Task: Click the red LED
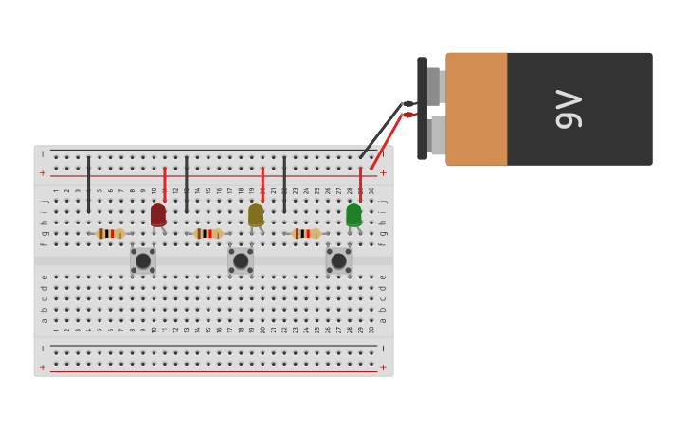click(x=158, y=215)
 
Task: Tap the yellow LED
click(x=256, y=215)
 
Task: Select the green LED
click(x=353, y=215)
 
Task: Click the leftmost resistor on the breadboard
click(x=110, y=233)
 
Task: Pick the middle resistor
click(x=208, y=233)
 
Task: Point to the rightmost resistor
click(x=305, y=233)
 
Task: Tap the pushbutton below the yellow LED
click(x=241, y=260)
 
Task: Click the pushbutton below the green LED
click(x=338, y=260)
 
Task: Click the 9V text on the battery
click(x=569, y=109)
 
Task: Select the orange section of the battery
click(x=477, y=109)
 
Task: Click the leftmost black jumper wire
click(x=89, y=185)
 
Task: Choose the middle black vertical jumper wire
click(x=187, y=185)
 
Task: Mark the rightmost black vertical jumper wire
click(x=284, y=185)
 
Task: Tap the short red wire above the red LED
click(x=165, y=183)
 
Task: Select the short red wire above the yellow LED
click(x=262, y=183)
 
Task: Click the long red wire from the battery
click(x=387, y=142)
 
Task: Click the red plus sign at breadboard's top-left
click(x=43, y=173)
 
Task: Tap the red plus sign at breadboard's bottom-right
click(x=383, y=367)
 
